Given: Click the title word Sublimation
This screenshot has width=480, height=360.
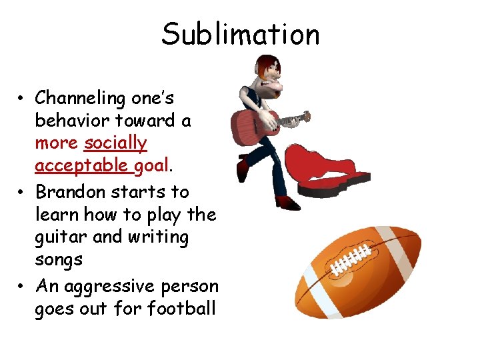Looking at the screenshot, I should [240, 35].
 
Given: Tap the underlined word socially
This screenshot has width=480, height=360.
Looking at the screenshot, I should [115, 143].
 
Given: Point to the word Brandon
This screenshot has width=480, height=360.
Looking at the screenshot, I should [70, 192].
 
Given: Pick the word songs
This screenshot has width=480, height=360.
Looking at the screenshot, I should [59, 260].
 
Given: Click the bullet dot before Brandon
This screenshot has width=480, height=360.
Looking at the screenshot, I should [22, 192].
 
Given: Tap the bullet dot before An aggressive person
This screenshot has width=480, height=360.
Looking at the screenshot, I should [22, 287].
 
